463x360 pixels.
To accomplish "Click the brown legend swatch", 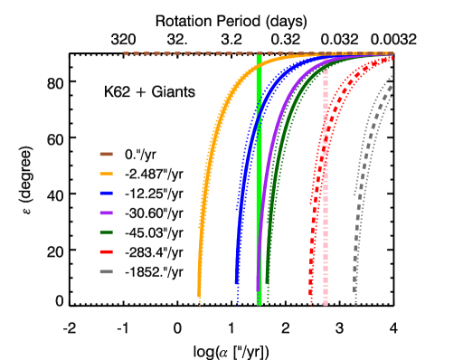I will click(106, 154).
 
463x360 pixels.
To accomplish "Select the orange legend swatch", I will click(106, 174).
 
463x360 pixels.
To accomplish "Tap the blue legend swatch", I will click(106, 193).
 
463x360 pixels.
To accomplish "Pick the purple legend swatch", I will click(106, 213).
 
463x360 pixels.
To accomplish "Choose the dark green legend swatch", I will click(106, 232).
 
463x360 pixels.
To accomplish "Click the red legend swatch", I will click(106, 251).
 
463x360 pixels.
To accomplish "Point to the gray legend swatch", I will click(106, 271).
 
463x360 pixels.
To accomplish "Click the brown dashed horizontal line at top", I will click(181, 53).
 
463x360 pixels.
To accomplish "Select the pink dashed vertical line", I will click(326, 226).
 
